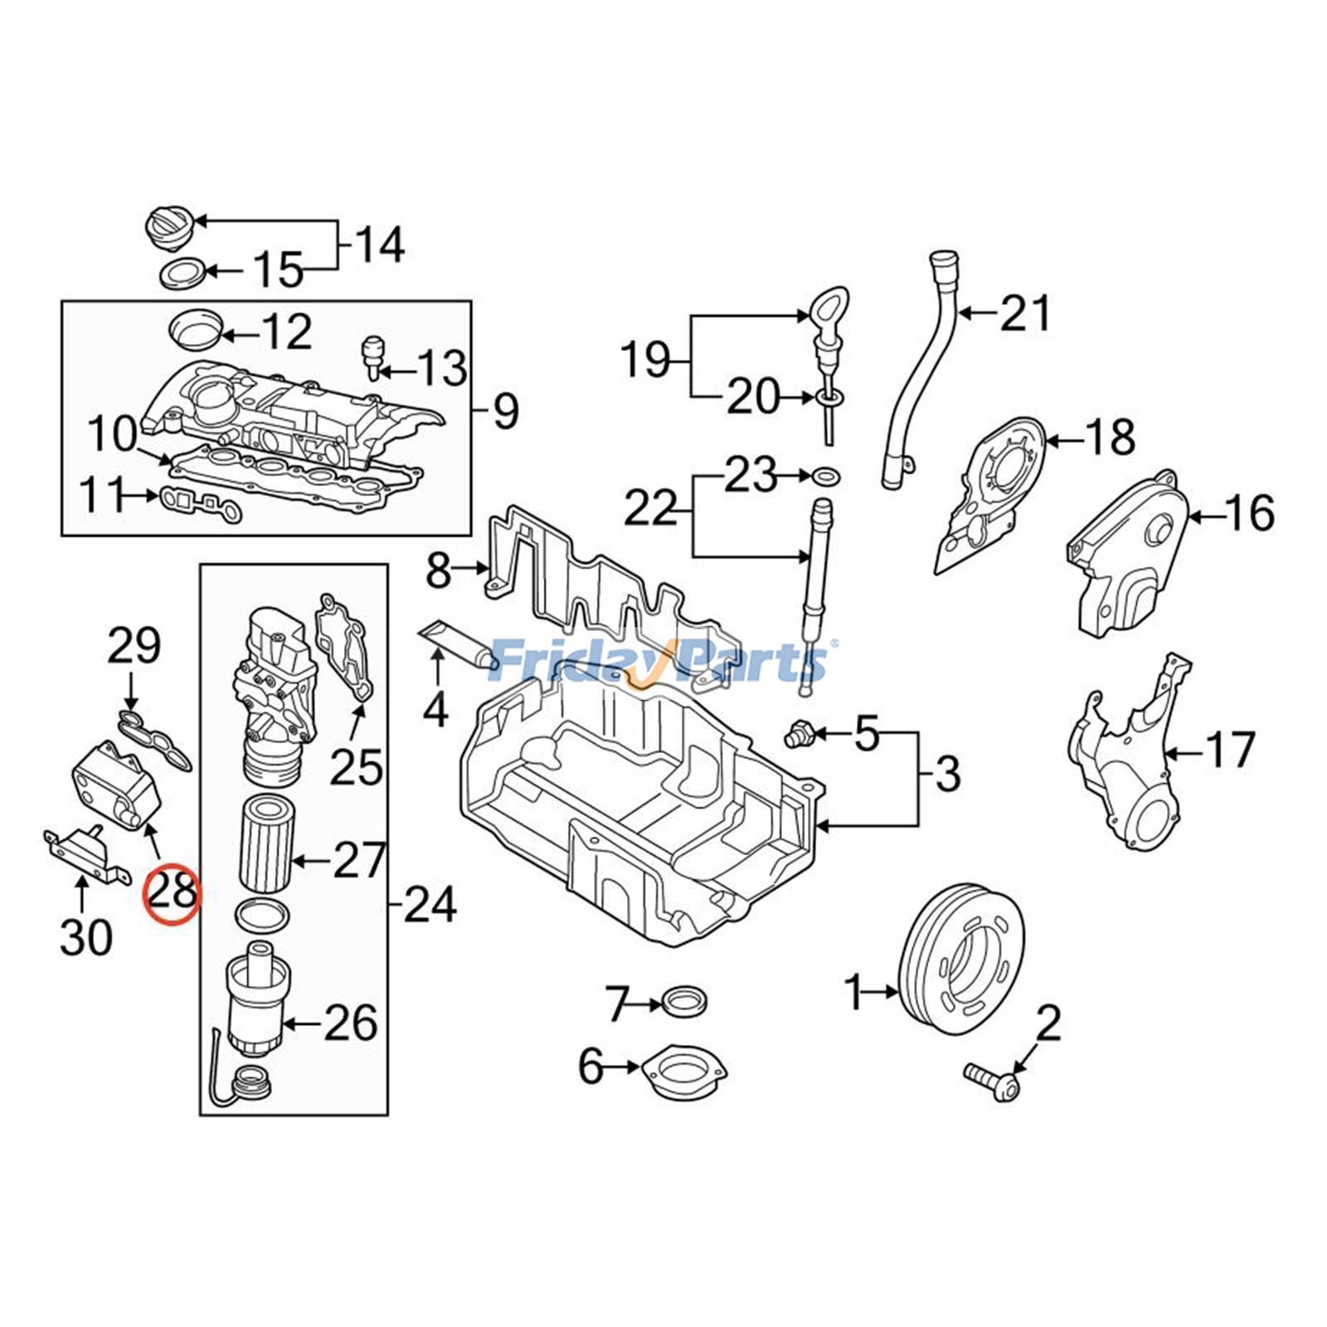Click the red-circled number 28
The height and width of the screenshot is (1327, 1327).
172,892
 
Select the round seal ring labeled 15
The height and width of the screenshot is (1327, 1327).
181,273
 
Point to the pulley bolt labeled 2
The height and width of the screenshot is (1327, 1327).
993,1081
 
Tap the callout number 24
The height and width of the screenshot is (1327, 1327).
430,903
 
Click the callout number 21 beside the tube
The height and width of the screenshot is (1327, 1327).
1025,314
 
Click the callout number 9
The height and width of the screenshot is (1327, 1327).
505,411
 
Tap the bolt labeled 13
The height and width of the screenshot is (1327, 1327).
375,354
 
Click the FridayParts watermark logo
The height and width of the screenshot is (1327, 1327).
659,661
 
